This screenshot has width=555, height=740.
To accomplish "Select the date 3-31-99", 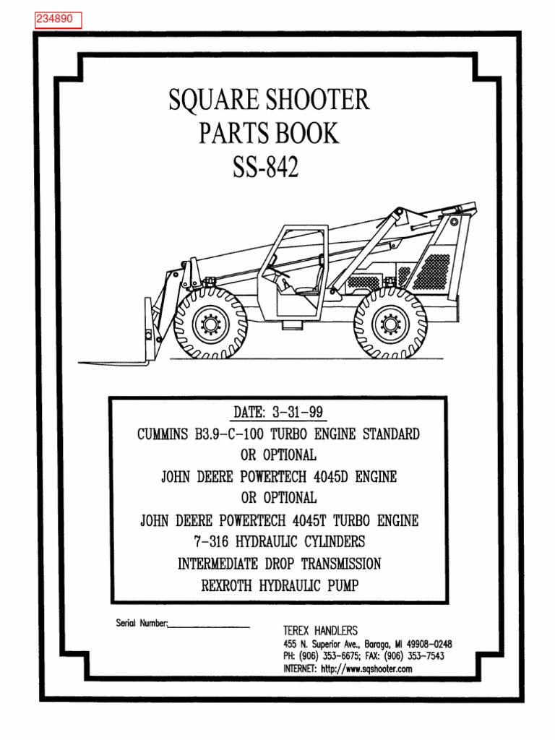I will coord(297,413).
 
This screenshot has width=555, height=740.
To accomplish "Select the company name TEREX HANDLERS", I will coord(320,630).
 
